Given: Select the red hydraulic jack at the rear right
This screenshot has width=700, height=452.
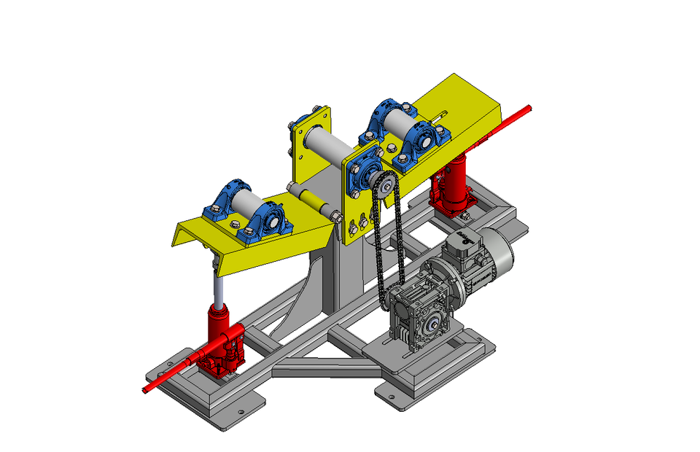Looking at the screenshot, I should click(449, 186).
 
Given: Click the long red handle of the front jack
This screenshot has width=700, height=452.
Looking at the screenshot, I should click(171, 373).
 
